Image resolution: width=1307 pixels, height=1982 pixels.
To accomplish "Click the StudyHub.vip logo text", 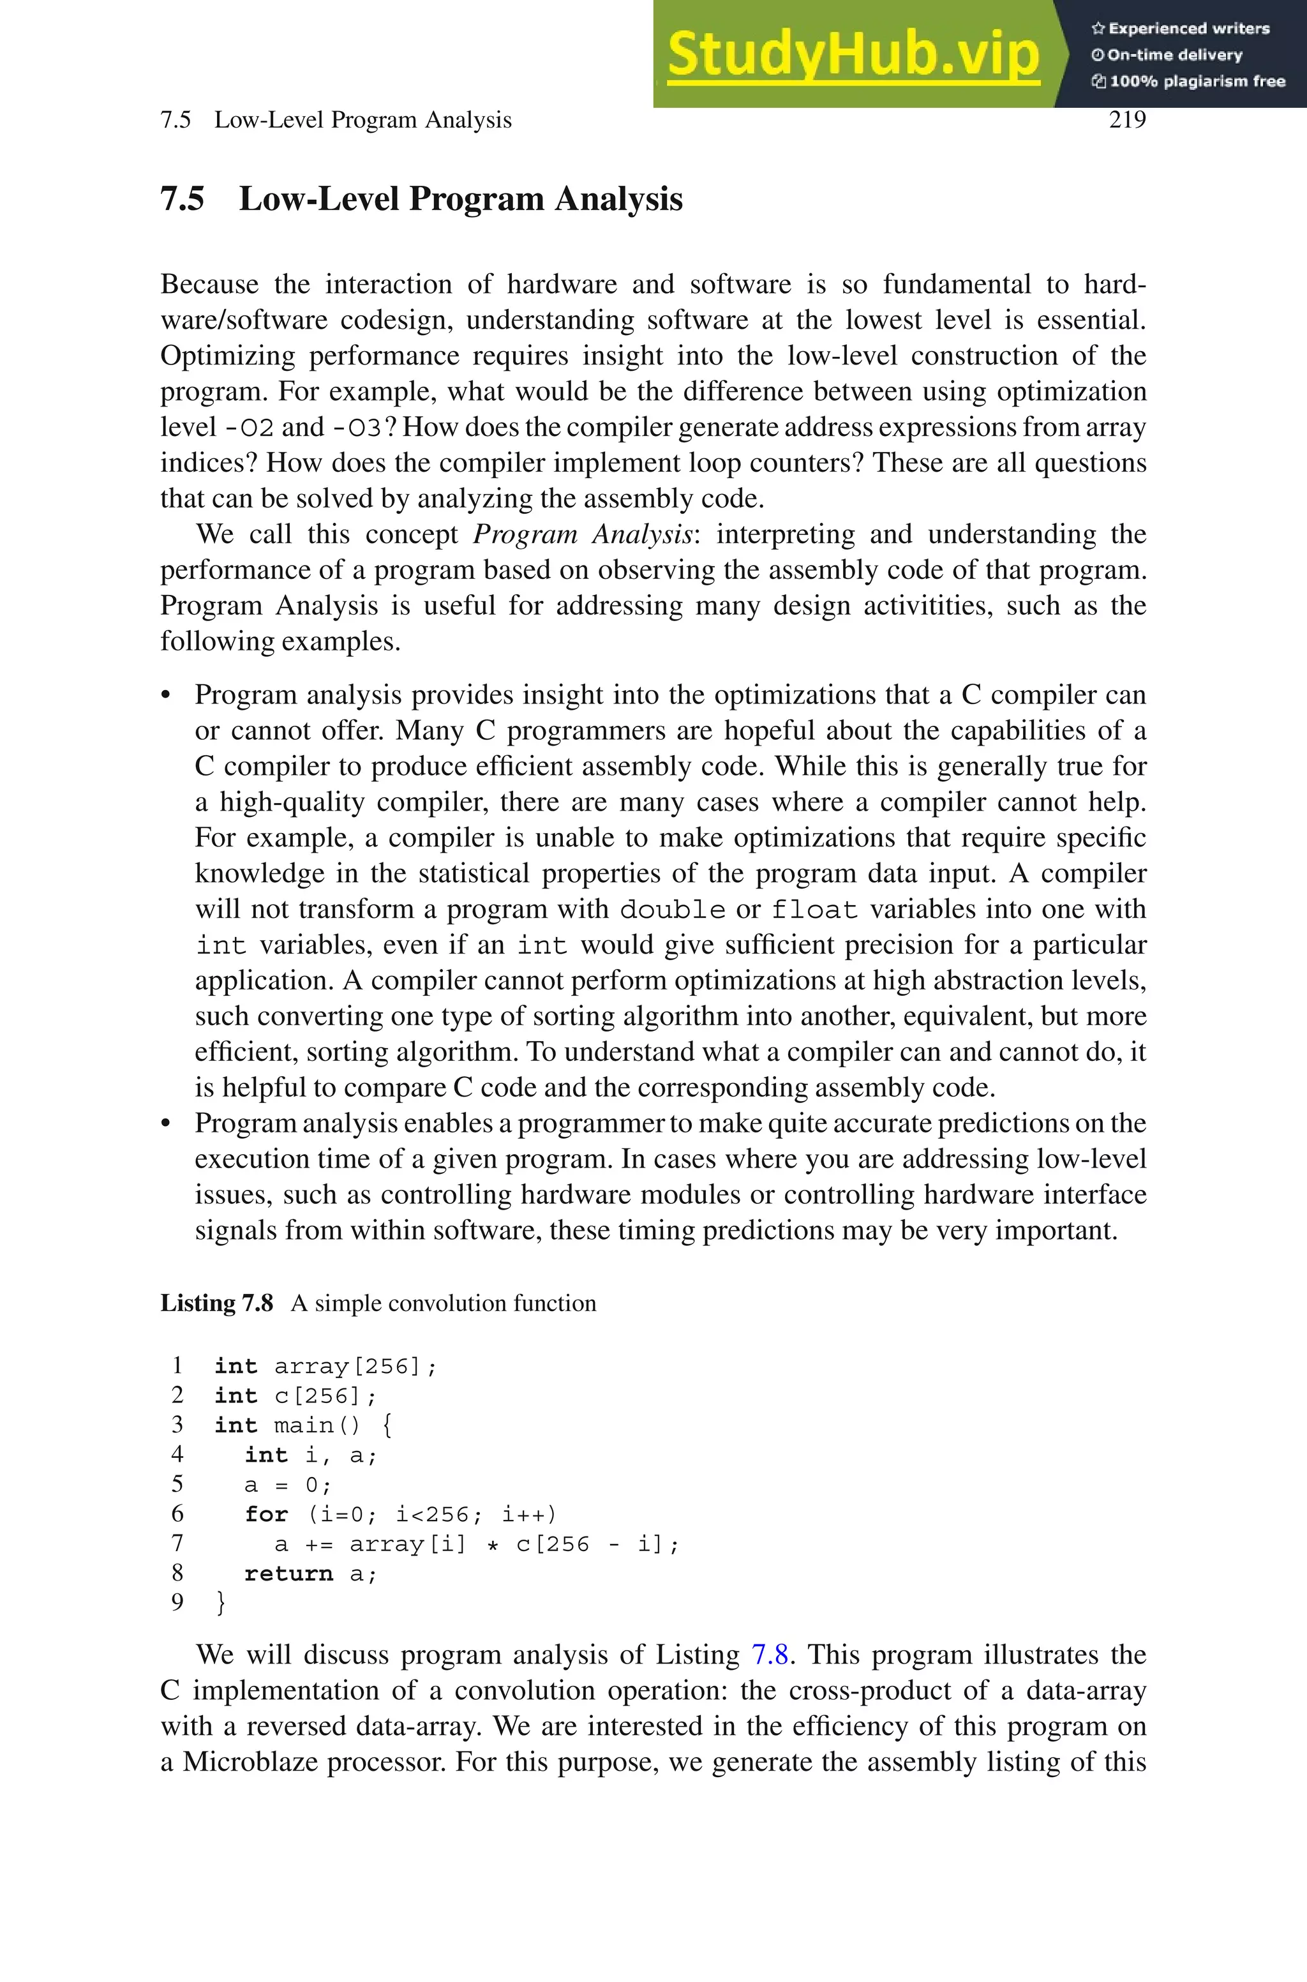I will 853,54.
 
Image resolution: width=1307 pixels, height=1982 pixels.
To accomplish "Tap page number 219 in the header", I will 1127,120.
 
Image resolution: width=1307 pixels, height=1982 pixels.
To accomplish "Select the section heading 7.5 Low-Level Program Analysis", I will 421,199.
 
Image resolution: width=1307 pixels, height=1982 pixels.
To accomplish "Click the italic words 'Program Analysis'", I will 583,534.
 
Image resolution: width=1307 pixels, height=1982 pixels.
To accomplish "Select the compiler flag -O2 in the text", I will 250,428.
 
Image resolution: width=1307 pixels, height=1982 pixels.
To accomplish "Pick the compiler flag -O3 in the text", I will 356,428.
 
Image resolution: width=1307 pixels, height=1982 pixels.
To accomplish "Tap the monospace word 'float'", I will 814,910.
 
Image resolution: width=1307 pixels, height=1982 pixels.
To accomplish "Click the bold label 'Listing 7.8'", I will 217,1303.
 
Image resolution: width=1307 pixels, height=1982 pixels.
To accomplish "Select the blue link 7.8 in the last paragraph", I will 770,1655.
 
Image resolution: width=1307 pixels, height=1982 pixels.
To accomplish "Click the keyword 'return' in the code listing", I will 288,1573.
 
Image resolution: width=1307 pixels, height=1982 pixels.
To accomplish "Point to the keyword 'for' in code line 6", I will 266,1514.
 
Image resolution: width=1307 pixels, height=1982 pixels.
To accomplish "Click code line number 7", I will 177,1543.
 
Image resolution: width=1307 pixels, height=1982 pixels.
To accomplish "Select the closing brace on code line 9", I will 220,1603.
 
